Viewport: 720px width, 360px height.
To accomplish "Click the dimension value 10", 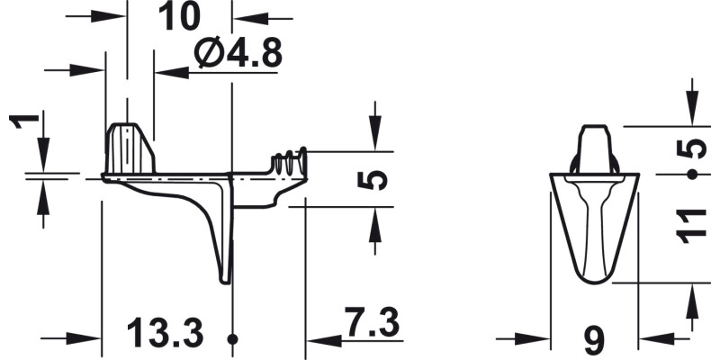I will (x=179, y=17).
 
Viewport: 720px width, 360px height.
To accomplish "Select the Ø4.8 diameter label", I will (x=238, y=55).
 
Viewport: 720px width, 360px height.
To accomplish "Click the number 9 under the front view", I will (x=594, y=340).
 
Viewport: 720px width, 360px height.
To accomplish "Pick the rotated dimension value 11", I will (x=691, y=225).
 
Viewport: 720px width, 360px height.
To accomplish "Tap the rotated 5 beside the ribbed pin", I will (x=377, y=180).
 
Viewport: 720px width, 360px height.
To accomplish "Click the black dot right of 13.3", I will (x=233, y=339).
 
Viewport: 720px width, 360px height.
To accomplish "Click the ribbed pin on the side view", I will (x=291, y=163).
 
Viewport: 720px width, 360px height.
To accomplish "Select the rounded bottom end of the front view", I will (x=594, y=274).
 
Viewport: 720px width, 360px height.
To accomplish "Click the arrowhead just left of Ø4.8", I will (x=170, y=70).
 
